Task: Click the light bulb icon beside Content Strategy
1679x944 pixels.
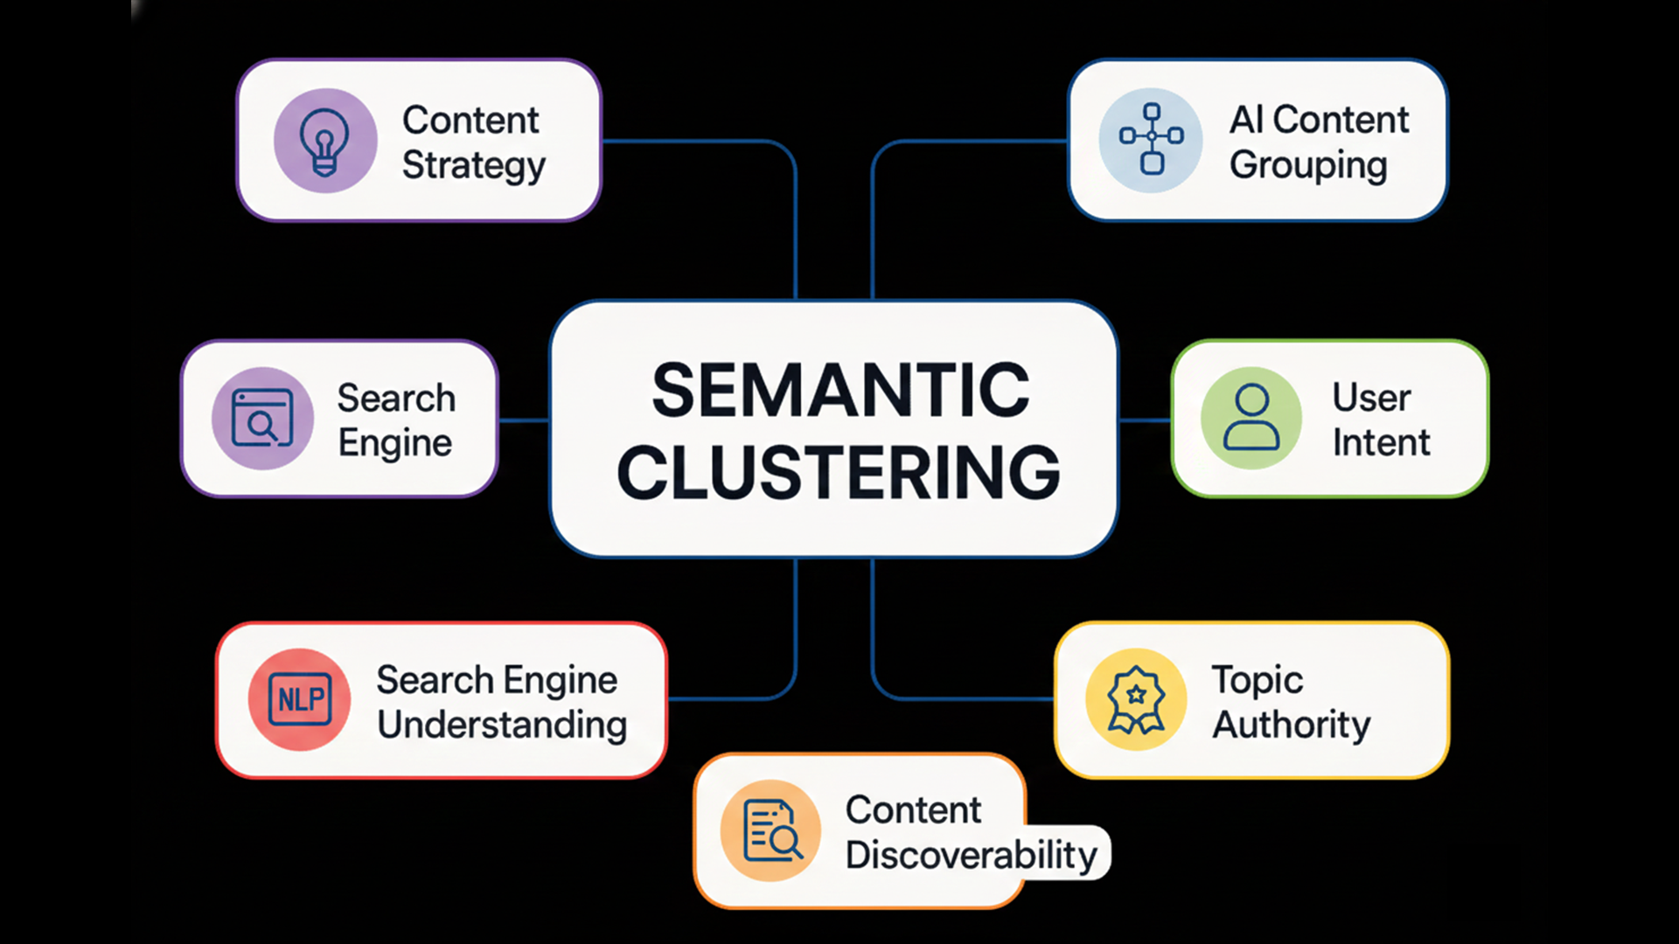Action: [x=324, y=141]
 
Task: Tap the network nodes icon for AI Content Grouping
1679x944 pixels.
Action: [x=1152, y=139]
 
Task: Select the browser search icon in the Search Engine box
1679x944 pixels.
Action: [x=262, y=419]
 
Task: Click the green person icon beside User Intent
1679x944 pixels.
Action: [x=1251, y=418]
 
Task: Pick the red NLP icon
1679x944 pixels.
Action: [x=300, y=699]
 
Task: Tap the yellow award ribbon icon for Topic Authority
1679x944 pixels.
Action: [x=1136, y=699]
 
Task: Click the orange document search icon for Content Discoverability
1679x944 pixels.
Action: [x=771, y=830]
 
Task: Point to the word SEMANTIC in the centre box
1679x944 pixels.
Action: [x=840, y=391]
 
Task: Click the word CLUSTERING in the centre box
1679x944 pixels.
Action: [x=839, y=473]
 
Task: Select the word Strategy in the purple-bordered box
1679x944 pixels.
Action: [x=473, y=165]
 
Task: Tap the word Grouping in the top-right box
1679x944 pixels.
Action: [x=1308, y=165]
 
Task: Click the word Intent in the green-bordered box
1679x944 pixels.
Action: [x=1381, y=442]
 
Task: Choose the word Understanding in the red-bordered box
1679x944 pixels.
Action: [x=502, y=725]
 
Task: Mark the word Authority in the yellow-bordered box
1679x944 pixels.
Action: [x=1291, y=725]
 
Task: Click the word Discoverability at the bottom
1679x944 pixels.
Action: [x=971, y=855]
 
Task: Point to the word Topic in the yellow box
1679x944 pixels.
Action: [x=1257, y=680]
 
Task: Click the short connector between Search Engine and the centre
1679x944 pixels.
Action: [x=524, y=420]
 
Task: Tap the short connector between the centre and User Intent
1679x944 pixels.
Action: [x=1145, y=420]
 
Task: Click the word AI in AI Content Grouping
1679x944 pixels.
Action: [x=1246, y=120]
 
